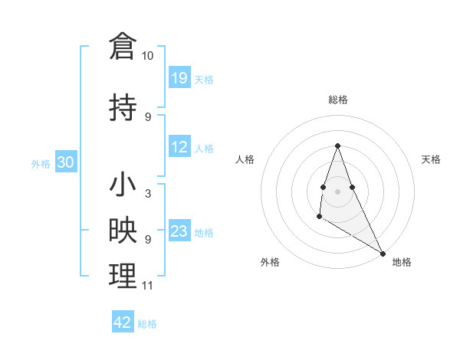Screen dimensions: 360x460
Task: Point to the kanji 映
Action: click(x=123, y=231)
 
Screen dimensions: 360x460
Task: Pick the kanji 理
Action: click(x=123, y=276)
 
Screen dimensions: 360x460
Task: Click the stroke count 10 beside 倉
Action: click(x=148, y=56)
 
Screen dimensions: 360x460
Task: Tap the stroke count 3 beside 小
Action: click(x=147, y=193)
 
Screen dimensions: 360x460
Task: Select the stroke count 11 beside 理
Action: click(x=147, y=286)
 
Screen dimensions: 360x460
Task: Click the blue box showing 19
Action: click(x=179, y=77)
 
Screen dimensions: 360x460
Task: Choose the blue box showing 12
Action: click(x=179, y=147)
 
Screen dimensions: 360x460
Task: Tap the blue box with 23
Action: click(x=179, y=231)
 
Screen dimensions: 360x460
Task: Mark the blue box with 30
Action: click(x=65, y=162)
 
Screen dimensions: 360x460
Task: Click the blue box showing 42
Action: click(x=123, y=322)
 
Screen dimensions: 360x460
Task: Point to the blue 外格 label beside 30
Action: click(x=41, y=163)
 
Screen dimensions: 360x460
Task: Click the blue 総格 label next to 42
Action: click(x=147, y=324)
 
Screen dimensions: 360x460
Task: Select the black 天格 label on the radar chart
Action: click(x=431, y=159)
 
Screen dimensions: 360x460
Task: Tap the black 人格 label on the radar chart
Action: click(x=245, y=159)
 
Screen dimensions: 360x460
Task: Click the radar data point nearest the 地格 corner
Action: click(x=383, y=253)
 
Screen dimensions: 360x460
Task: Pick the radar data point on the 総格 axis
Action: click(x=337, y=146)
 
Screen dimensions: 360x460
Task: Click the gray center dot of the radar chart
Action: click(x=337, y=191)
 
